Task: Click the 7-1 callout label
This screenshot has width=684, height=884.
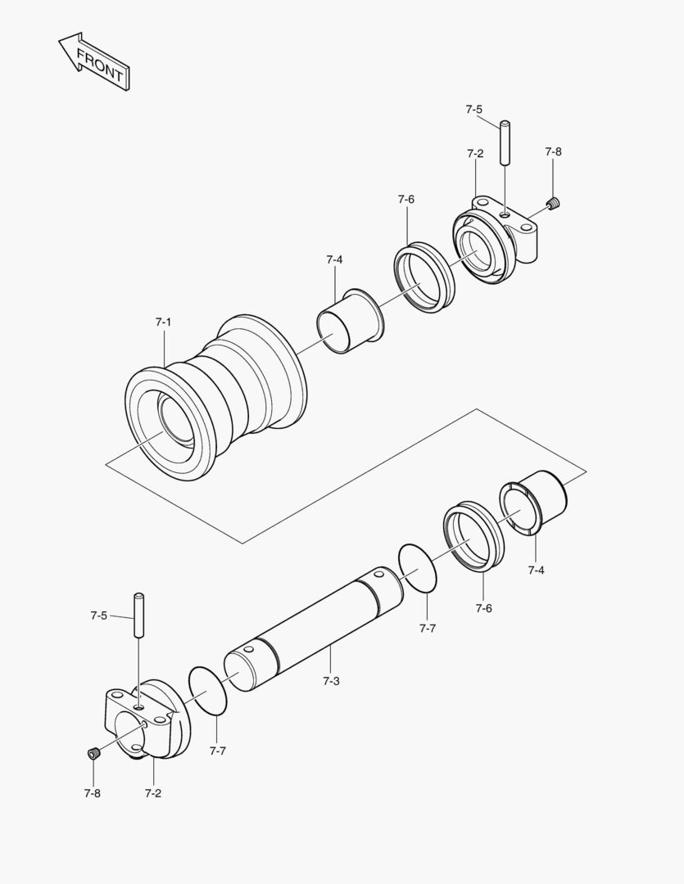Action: pos(163,322)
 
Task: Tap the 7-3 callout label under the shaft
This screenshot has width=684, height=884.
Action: pos(330,681)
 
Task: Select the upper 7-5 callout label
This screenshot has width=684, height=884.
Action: pos(473,109)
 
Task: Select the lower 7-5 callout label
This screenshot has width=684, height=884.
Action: pos(98,615)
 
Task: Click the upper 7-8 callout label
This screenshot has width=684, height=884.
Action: pos(553,152)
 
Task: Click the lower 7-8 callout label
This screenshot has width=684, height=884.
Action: pos(92,792)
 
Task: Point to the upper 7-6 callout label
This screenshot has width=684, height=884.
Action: pos(406,199)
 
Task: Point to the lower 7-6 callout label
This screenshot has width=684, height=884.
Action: pos(483,608)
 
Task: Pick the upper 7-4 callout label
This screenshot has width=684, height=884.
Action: pos(333,259)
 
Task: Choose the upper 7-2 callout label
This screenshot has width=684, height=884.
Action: pos(475,153)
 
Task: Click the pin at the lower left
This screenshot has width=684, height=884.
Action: pos(139,614)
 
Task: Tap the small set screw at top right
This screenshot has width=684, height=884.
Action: pos(554,203)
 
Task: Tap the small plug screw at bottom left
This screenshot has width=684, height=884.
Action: pos(93,753)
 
